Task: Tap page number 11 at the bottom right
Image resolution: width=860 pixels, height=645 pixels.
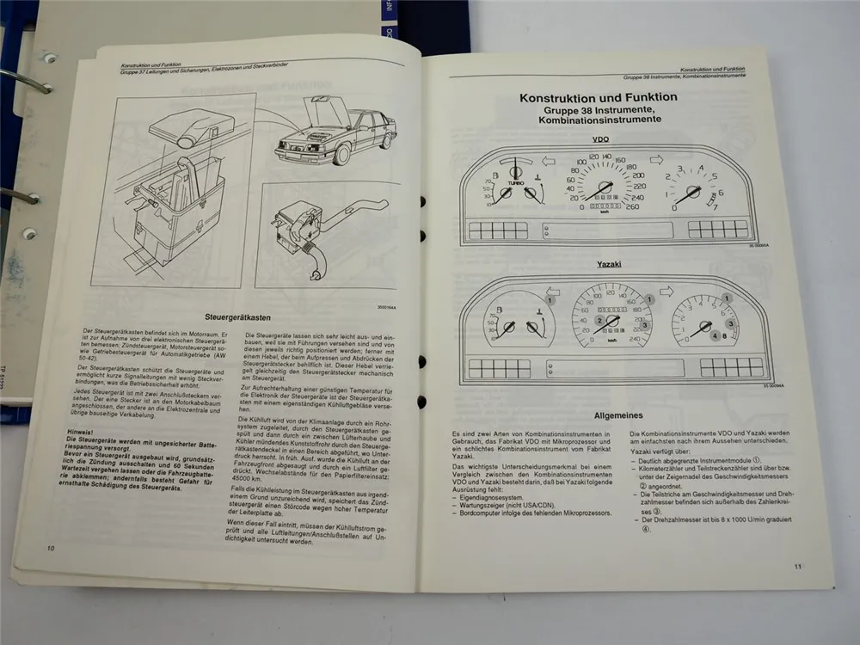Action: (797, 565)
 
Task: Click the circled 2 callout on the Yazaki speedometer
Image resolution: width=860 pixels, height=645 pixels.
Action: (602, 321)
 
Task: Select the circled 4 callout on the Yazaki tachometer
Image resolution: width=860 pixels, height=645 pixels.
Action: (716, 335)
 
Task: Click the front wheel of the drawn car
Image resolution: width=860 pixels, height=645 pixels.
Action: (343, 155)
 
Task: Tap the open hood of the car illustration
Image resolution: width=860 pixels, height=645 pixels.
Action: (326, 111)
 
